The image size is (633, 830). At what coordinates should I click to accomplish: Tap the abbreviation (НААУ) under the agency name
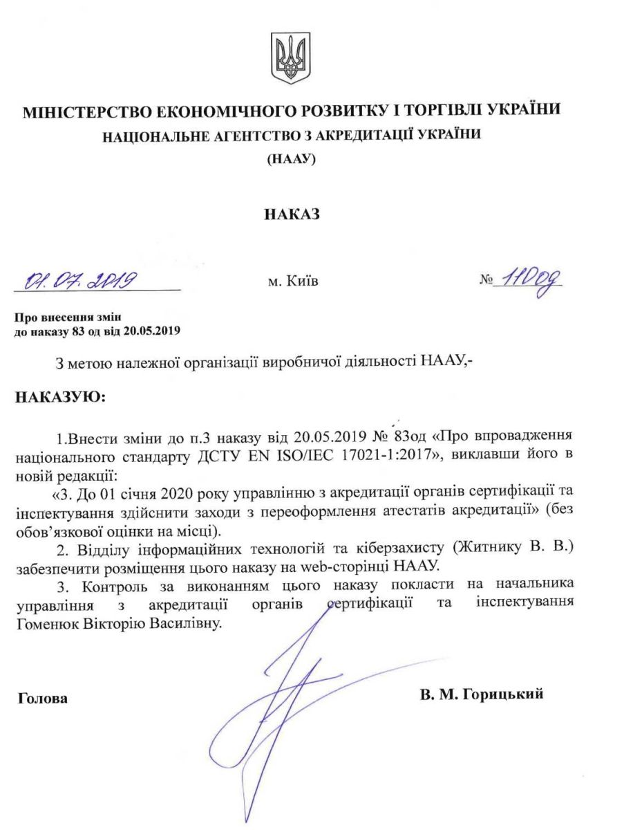tap(291, 159)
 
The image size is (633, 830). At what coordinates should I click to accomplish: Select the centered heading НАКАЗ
tap(292, 214)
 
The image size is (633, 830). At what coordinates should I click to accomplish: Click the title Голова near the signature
tap(43, 699)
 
